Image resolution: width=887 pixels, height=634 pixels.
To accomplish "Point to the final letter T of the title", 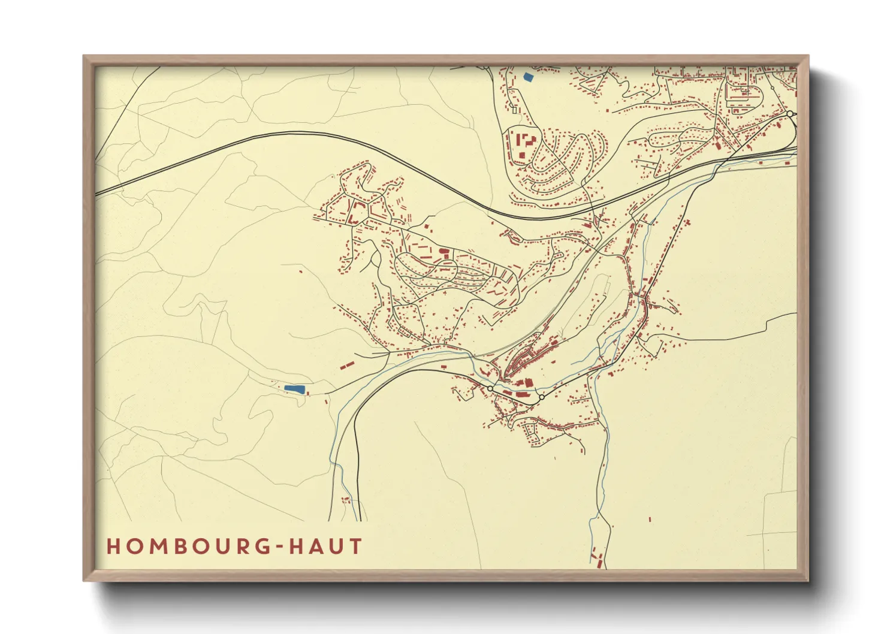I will coord(356,547).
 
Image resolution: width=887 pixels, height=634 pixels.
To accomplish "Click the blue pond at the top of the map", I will coord(527,77).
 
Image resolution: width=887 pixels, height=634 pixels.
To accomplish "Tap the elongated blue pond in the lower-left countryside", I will coord(294,389).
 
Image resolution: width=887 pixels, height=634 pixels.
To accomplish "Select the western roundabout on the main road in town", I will coord(490,389).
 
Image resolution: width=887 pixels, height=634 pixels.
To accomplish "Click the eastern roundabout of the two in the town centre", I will coord(541,397).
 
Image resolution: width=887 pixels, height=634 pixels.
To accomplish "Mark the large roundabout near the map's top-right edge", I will coord(790,113).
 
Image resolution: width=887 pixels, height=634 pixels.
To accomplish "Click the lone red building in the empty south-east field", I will coord(650,519).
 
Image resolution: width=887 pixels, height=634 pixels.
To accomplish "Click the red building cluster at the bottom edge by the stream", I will coord(597,557).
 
